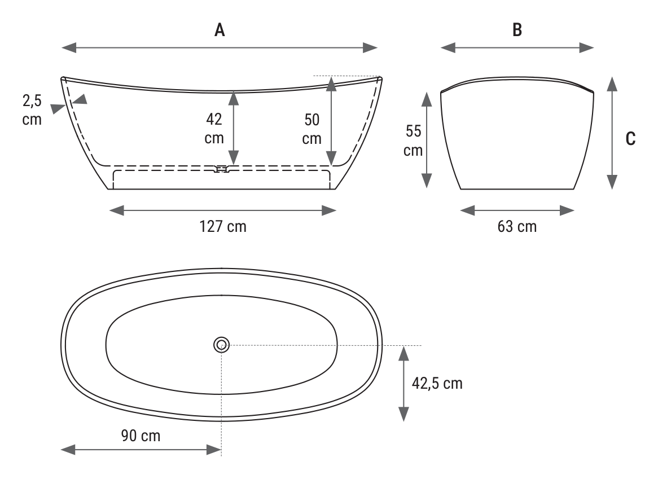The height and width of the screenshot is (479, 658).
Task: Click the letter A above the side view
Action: pos(220,30)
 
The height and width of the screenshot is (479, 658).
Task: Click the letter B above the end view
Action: pos(517,30)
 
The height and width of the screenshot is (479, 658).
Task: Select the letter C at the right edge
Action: pos(630,139)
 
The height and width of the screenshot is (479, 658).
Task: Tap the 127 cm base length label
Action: pos(223,226)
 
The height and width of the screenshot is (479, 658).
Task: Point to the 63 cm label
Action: pos(517,226)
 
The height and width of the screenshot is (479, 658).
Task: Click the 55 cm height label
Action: pos(413,140)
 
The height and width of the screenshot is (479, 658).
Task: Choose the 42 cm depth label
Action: pos(214,128)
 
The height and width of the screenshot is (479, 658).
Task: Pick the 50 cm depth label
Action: pos(312,129)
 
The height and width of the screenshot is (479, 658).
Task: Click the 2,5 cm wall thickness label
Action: pos(32,110)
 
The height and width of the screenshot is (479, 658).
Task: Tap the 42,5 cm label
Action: pos(437,383)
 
